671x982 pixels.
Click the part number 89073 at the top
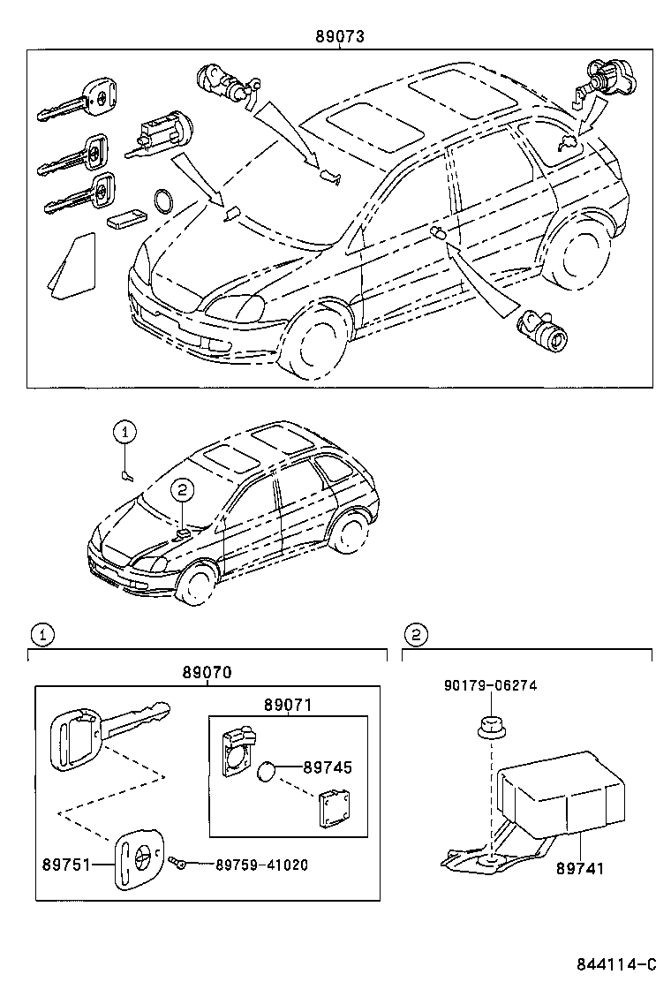pyautogui.click(x=340, y=37)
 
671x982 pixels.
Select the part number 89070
pyautogui.click(x=207, y=672)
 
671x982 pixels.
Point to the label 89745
pyautogui.click(x=327, y=768)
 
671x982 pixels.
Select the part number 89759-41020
pyautogui.click(x=261, y=865)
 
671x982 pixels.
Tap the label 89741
pyautogui.click(x=580, y=868)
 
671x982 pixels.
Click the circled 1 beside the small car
pyautogui.click(x=125, y=432)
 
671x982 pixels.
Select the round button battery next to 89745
pyautogui.click(x=268, y=774)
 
